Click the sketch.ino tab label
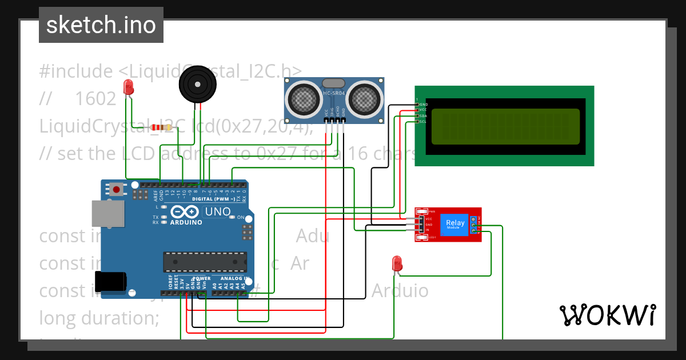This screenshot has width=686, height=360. tap(101, 25)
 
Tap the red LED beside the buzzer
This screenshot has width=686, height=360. tap(129, 87)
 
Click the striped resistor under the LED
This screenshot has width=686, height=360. tap(162, 127)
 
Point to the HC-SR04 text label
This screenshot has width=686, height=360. tap(334, 93)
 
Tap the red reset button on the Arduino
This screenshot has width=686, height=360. tap(117, 189)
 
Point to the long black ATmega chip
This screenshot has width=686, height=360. tap(205, 261)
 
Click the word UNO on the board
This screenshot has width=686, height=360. tap(217, 212)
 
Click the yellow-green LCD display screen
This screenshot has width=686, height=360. tap(505, 126)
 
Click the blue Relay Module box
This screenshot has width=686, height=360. tap(455, 224)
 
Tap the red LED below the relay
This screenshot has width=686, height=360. tap(397, 263)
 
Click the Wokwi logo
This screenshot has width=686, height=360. tap(607, 315)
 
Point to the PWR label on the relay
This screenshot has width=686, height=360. tap(432, 211)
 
